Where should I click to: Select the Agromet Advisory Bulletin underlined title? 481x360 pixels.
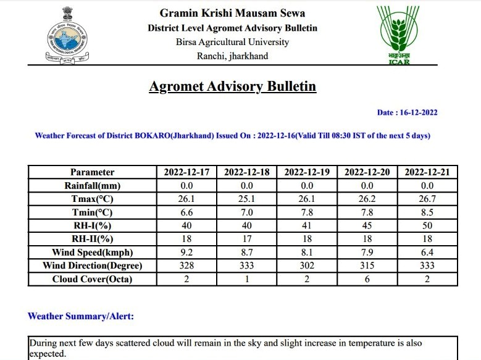point(232,86)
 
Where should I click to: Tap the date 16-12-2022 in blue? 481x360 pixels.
point(407,112)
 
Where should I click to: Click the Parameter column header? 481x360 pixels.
point(92,172)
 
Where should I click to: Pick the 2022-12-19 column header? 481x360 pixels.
point(307,172)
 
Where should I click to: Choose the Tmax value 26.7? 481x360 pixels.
point(427,199)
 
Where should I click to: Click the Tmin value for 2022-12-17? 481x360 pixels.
point(186,212)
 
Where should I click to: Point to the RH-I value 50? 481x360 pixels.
point(427,225)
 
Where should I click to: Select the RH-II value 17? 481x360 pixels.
point(246,239)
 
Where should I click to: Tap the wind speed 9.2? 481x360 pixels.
point(186,252)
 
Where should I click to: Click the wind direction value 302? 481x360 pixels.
point(307,266)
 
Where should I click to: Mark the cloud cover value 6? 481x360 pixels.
point(367,279)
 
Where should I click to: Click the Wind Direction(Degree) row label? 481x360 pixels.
point(92,266)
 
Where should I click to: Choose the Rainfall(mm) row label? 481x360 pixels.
point(92,185)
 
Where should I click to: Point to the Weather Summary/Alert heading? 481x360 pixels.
point(81,316)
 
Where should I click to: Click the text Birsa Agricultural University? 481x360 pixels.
point(232,42)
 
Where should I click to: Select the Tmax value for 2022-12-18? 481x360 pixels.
point(246,199)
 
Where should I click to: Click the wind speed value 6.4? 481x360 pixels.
point(427,252)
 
